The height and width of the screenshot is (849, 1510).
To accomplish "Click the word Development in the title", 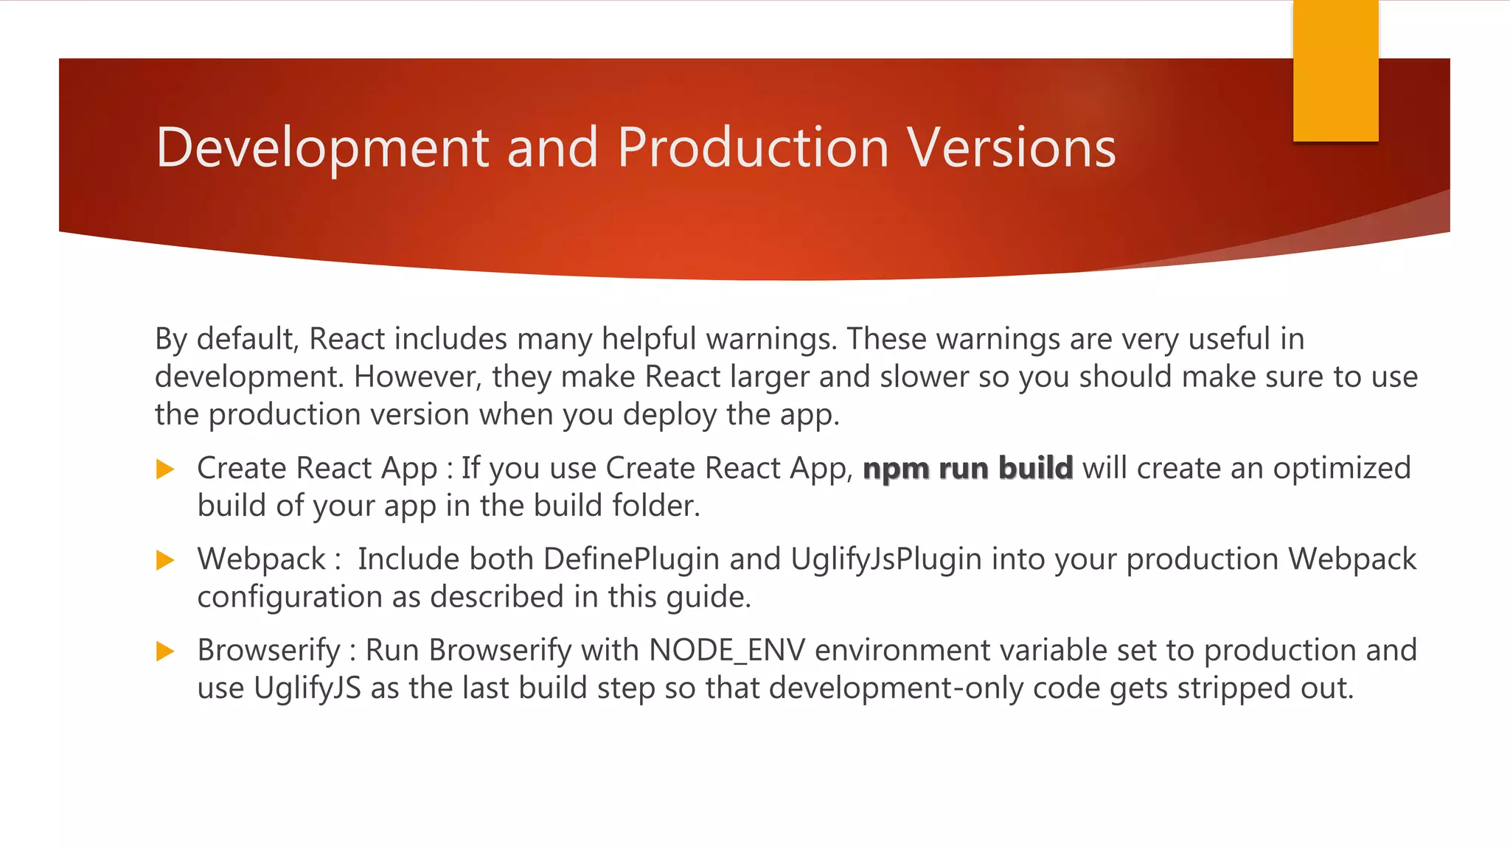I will [x=323, y=147].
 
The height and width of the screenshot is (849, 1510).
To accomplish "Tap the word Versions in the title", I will [x=1012, y=147].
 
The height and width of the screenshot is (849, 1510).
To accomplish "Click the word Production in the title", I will [x=753, y=147].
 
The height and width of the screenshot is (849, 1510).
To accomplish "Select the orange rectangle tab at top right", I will [x=1335, y=71].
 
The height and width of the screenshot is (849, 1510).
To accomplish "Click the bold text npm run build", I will [x=967, y=469].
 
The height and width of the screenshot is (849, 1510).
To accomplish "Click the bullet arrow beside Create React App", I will [x=166, y=469].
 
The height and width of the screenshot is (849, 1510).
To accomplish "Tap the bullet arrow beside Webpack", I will [x=166, y=560].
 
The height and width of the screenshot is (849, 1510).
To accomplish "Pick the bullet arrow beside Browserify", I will [x=166, y=651].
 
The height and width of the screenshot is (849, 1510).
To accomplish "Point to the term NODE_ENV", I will [x=727, y=651].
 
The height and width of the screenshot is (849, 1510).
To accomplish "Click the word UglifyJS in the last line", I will [x=307, y=688].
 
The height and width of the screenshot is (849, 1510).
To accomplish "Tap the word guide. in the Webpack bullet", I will [x=709, y=597].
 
